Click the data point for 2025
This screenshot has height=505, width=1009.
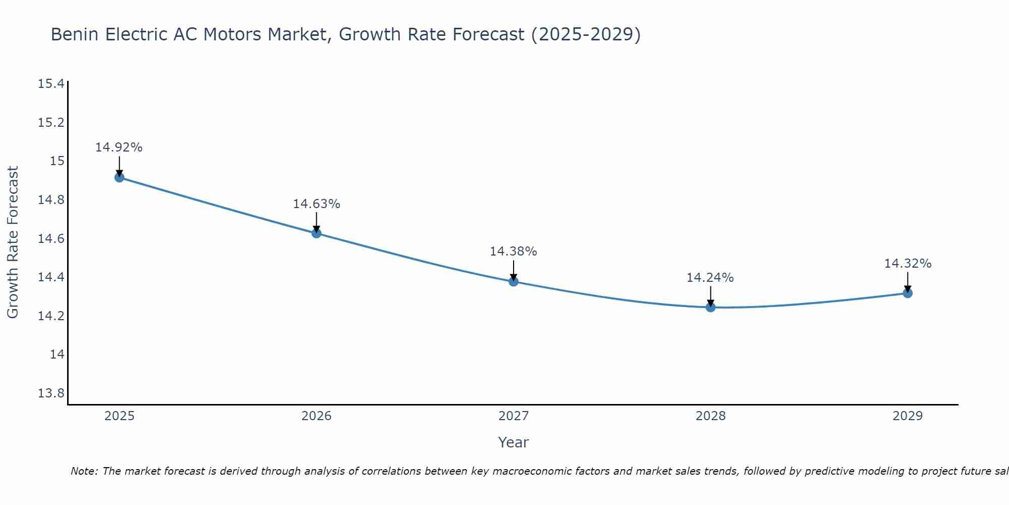pyautogui.click(x=120, y=177)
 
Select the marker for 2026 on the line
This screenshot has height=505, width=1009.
pyautogui.click(x=316, y=233)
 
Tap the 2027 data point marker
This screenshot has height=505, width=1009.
pyautogui.click(x=514, y=281)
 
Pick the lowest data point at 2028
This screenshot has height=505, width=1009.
pyautogui.click(x=710, y=307)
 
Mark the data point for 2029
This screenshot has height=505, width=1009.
pyautogui.click(x=908, y=293)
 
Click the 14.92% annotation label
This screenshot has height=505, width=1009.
pyautogui.click(x=119, y=147)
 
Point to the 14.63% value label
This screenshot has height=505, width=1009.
pyautogui.click(x=316, y=204)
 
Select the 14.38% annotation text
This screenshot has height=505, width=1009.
pyautogui.click(x=513, y=251)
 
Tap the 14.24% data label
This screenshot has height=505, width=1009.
pyautogui.click(x=710, y=278)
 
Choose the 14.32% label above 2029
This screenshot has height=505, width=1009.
pyautogui.click(x=908, y=264)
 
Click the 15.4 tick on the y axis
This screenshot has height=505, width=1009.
pyautogui.click(x=51, y=84)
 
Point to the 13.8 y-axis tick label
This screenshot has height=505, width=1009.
pyautogui.click(x=51, y=393)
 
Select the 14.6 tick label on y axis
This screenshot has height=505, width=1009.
pyautogui.click(x=51, y=238)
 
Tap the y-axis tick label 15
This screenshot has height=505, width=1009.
pyautogui.click(x=57, y=161)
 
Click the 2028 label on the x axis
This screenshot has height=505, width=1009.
pyautogui.click(x=710, y=416)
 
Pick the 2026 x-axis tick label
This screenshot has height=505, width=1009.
pyautogui.click(x=316, y=416)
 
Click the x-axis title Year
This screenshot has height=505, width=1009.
pyautogui.click(x=513, y=442)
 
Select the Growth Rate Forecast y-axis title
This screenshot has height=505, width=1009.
pyautogui.click(x=13, y=242)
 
